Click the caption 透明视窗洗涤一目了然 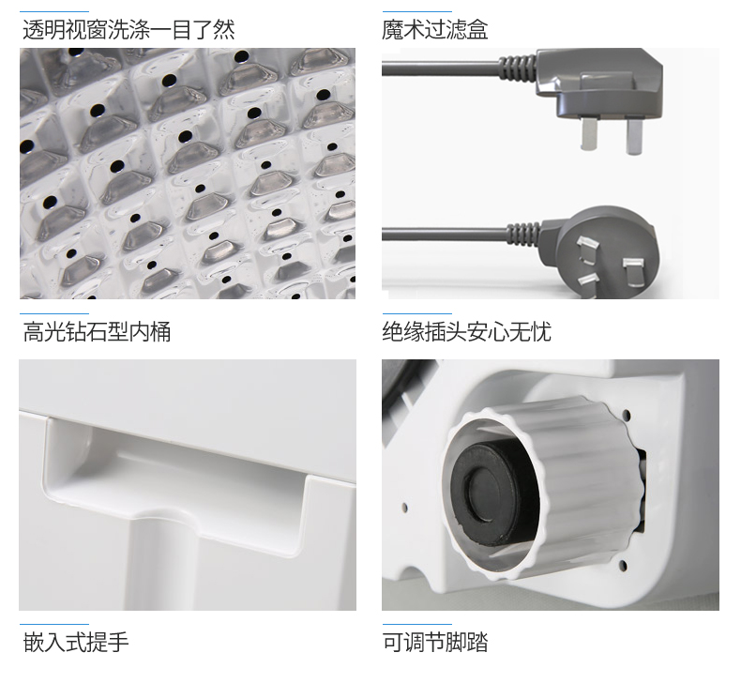pyautogui.click(x=129, y=29)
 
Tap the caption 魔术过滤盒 pyautogui.click(x=434, y=29)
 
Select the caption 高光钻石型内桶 pyautogui.click(x=97, y=331)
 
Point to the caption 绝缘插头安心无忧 pyautogui.click(x=466, y=331)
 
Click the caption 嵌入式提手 pyautogui.click(x=76, y=642)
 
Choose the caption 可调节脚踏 pyautogui.click(x=434, y=642)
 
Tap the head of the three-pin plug pyautogui.click(x=600, y=249)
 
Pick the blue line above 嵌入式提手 pyautogui.click(x=54, y=624)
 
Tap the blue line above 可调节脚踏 pyautogui.click(x=416, y=624)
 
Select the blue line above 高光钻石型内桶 pyautogui.click(x=54, y=313)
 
